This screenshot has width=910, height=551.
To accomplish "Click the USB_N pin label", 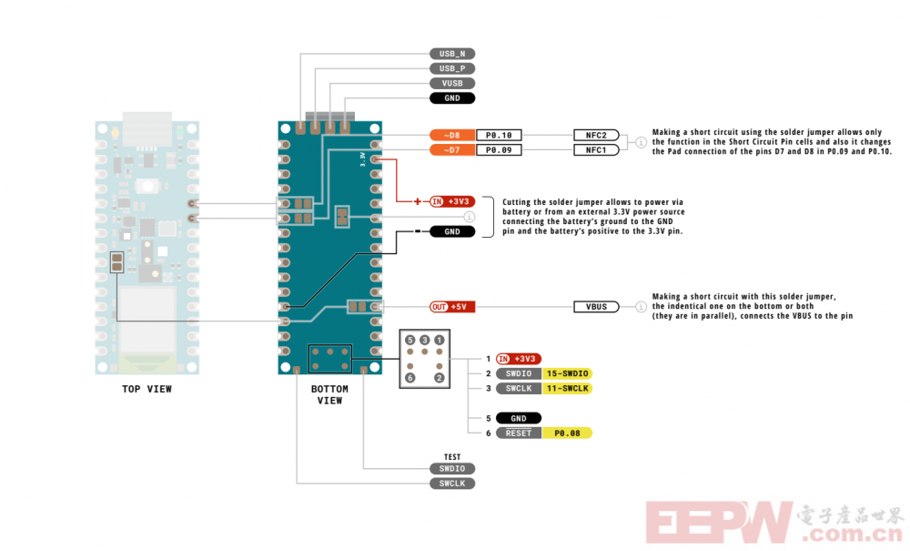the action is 452,54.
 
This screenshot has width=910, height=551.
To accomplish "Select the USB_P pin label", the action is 452,68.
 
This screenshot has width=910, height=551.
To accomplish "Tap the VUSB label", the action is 452,84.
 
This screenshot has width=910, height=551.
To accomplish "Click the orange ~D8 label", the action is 452,136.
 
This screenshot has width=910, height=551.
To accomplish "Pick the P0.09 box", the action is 499,149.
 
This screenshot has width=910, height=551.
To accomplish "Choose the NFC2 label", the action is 596,136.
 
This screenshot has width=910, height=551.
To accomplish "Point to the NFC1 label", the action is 596,149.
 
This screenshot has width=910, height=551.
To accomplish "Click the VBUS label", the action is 596,307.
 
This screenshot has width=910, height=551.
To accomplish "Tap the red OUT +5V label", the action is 452,307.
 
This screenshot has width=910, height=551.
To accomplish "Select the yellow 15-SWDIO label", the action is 567,373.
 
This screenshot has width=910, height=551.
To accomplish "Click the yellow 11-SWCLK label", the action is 567,388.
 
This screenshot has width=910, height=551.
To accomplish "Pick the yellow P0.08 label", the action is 567,434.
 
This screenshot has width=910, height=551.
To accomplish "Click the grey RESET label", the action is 519,434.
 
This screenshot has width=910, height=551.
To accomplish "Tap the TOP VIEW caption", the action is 147,389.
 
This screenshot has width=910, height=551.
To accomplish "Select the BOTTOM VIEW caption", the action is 329,395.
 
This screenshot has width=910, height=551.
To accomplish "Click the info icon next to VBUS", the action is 641,307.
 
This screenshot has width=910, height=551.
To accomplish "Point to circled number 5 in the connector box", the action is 410,340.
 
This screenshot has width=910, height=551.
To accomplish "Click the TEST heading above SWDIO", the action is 452,457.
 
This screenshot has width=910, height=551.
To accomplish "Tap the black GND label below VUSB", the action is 452,98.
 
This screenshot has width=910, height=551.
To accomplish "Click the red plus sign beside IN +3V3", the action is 418,201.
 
